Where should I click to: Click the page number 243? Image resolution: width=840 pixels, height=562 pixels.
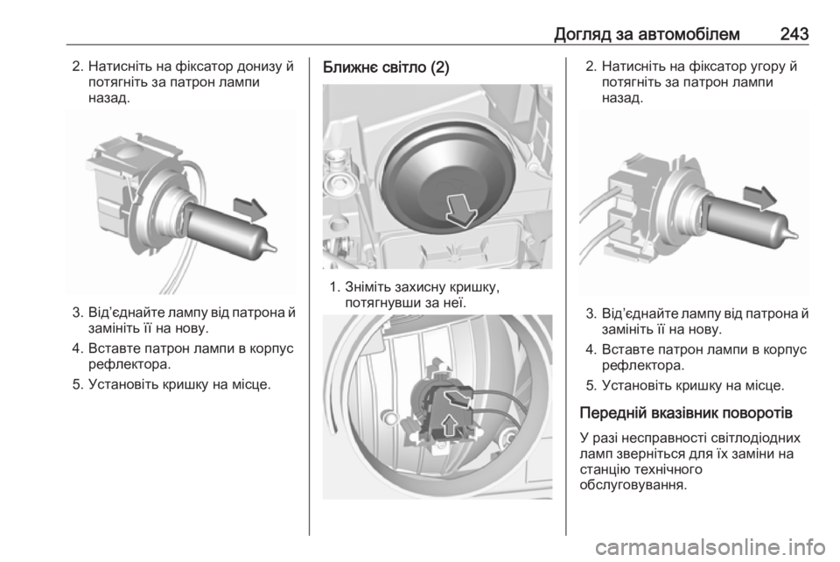pyautogui.click(x=794, y=34)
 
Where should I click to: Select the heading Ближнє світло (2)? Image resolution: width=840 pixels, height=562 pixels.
pyautogui.click(x=386, y=67)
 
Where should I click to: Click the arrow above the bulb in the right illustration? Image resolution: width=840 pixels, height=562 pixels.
pyautogui.click(x=759, y=198)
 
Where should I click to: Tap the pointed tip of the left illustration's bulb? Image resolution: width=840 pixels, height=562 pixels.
pyautogui.click(x=276, y=249)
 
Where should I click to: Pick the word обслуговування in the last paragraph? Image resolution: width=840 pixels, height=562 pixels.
pyautogui.click(x=632, y=485)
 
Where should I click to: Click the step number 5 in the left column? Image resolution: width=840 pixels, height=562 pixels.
pyautogui.click(x=77, y=384)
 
